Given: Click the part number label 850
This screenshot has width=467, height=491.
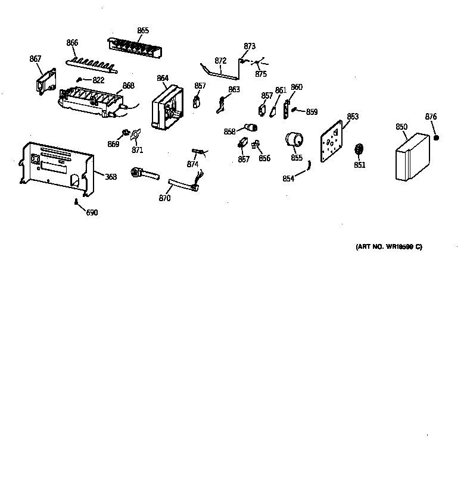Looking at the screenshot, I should [401, 127].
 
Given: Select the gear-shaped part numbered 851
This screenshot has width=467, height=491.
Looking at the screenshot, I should [359, 149].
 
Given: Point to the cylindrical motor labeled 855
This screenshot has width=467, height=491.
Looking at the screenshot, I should [293, 140].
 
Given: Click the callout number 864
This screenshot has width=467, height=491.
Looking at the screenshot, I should [163, 79].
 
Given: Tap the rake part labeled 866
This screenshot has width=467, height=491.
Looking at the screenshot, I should [92, 62].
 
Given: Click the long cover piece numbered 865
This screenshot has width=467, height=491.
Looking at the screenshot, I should [134, 47].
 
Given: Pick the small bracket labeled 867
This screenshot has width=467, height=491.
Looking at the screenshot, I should [45, 80].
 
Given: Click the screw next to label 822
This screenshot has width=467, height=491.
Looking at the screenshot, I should [79, 79].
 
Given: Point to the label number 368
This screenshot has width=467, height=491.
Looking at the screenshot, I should [111, 177].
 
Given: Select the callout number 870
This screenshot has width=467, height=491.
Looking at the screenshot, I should [164, 198].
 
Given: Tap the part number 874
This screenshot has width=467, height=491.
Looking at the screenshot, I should [192, 164].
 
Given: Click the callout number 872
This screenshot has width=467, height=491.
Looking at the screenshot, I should [220, 61].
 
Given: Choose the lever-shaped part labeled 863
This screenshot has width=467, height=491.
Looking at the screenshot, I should [220, 105].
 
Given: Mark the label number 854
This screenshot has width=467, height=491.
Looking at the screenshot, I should [288, 179].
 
